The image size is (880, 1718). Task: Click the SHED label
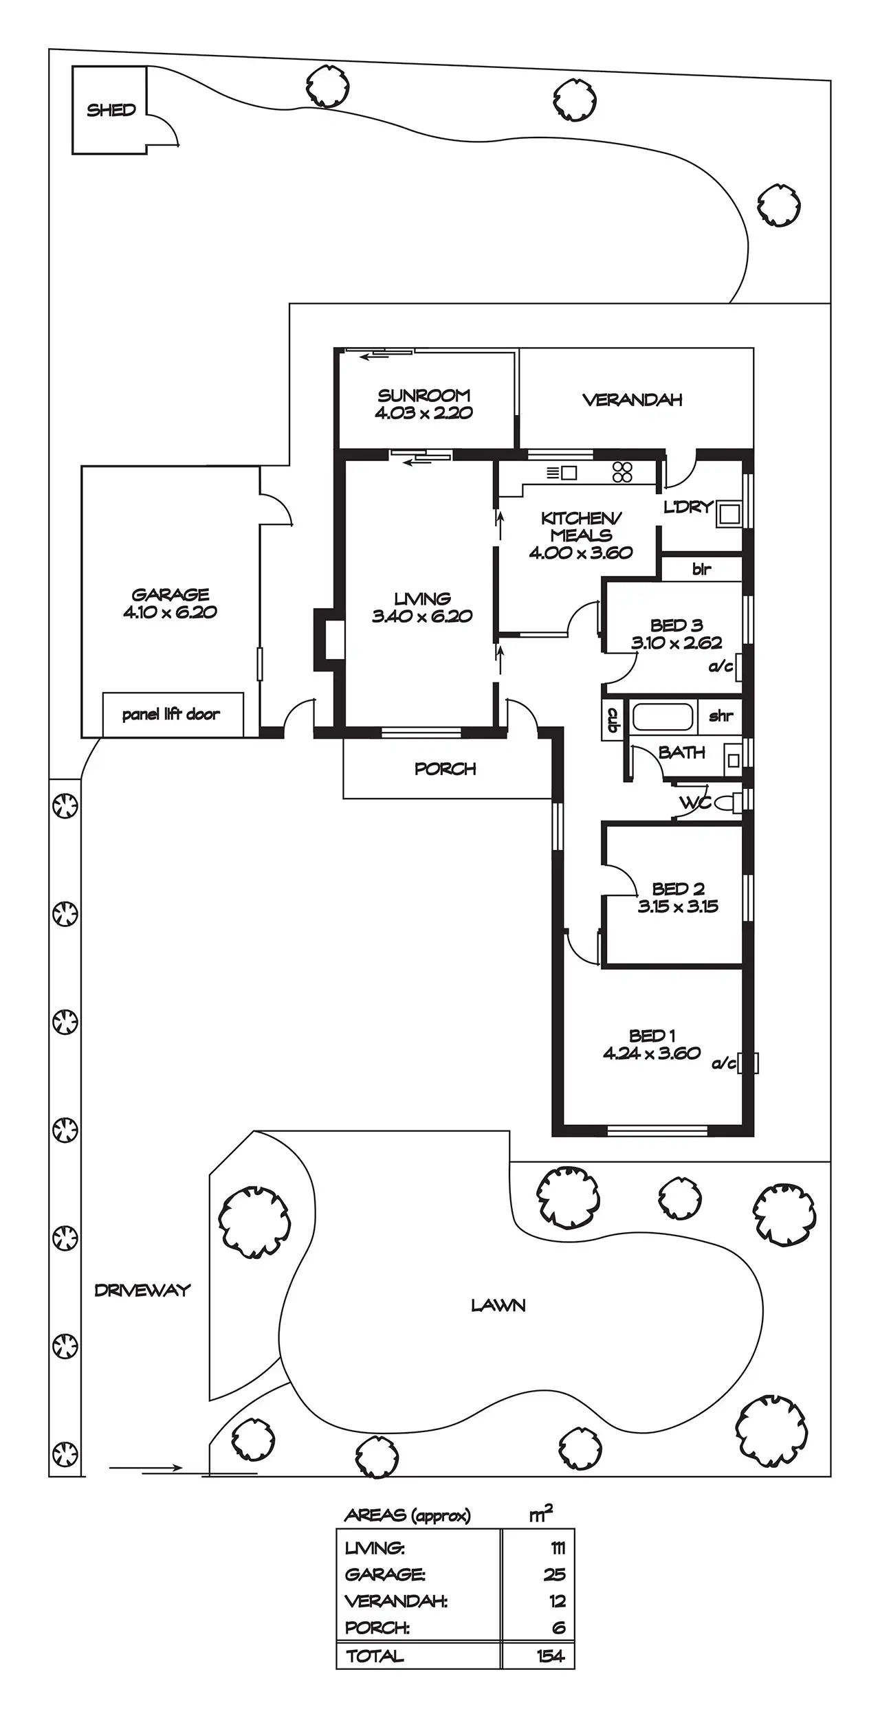pos(111,110)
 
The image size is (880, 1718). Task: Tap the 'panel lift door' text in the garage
pos(171,715)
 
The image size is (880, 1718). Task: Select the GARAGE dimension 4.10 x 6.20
pos(170,612)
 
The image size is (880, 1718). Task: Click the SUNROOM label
pos(423,395)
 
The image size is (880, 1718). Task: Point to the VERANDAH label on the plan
pos(632,400)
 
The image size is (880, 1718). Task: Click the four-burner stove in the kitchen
pos(622,472)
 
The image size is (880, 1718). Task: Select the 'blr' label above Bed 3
pos(702,569)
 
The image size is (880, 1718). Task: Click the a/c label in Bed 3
pos(720,667)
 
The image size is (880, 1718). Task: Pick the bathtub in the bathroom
pos(664,717)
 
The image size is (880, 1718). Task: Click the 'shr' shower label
pos(720,716)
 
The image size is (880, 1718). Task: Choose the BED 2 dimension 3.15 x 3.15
pos(678,906)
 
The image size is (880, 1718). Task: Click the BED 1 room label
pos(652,1036)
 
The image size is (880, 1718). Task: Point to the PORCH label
pos(445,769)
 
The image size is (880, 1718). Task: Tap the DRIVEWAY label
pos(142,1291)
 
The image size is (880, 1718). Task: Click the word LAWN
pos(498,1306)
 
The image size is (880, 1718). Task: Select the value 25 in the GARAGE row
pos(555,1574)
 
